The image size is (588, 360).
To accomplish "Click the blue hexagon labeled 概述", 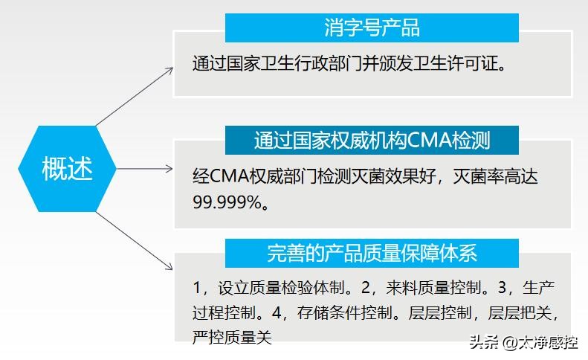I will tap(68, 169).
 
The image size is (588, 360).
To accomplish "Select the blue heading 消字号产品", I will tap(372, 28).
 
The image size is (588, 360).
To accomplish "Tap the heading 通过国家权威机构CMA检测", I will tap(372, 140).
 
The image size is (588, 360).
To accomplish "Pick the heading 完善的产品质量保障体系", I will tap(372, 253).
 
